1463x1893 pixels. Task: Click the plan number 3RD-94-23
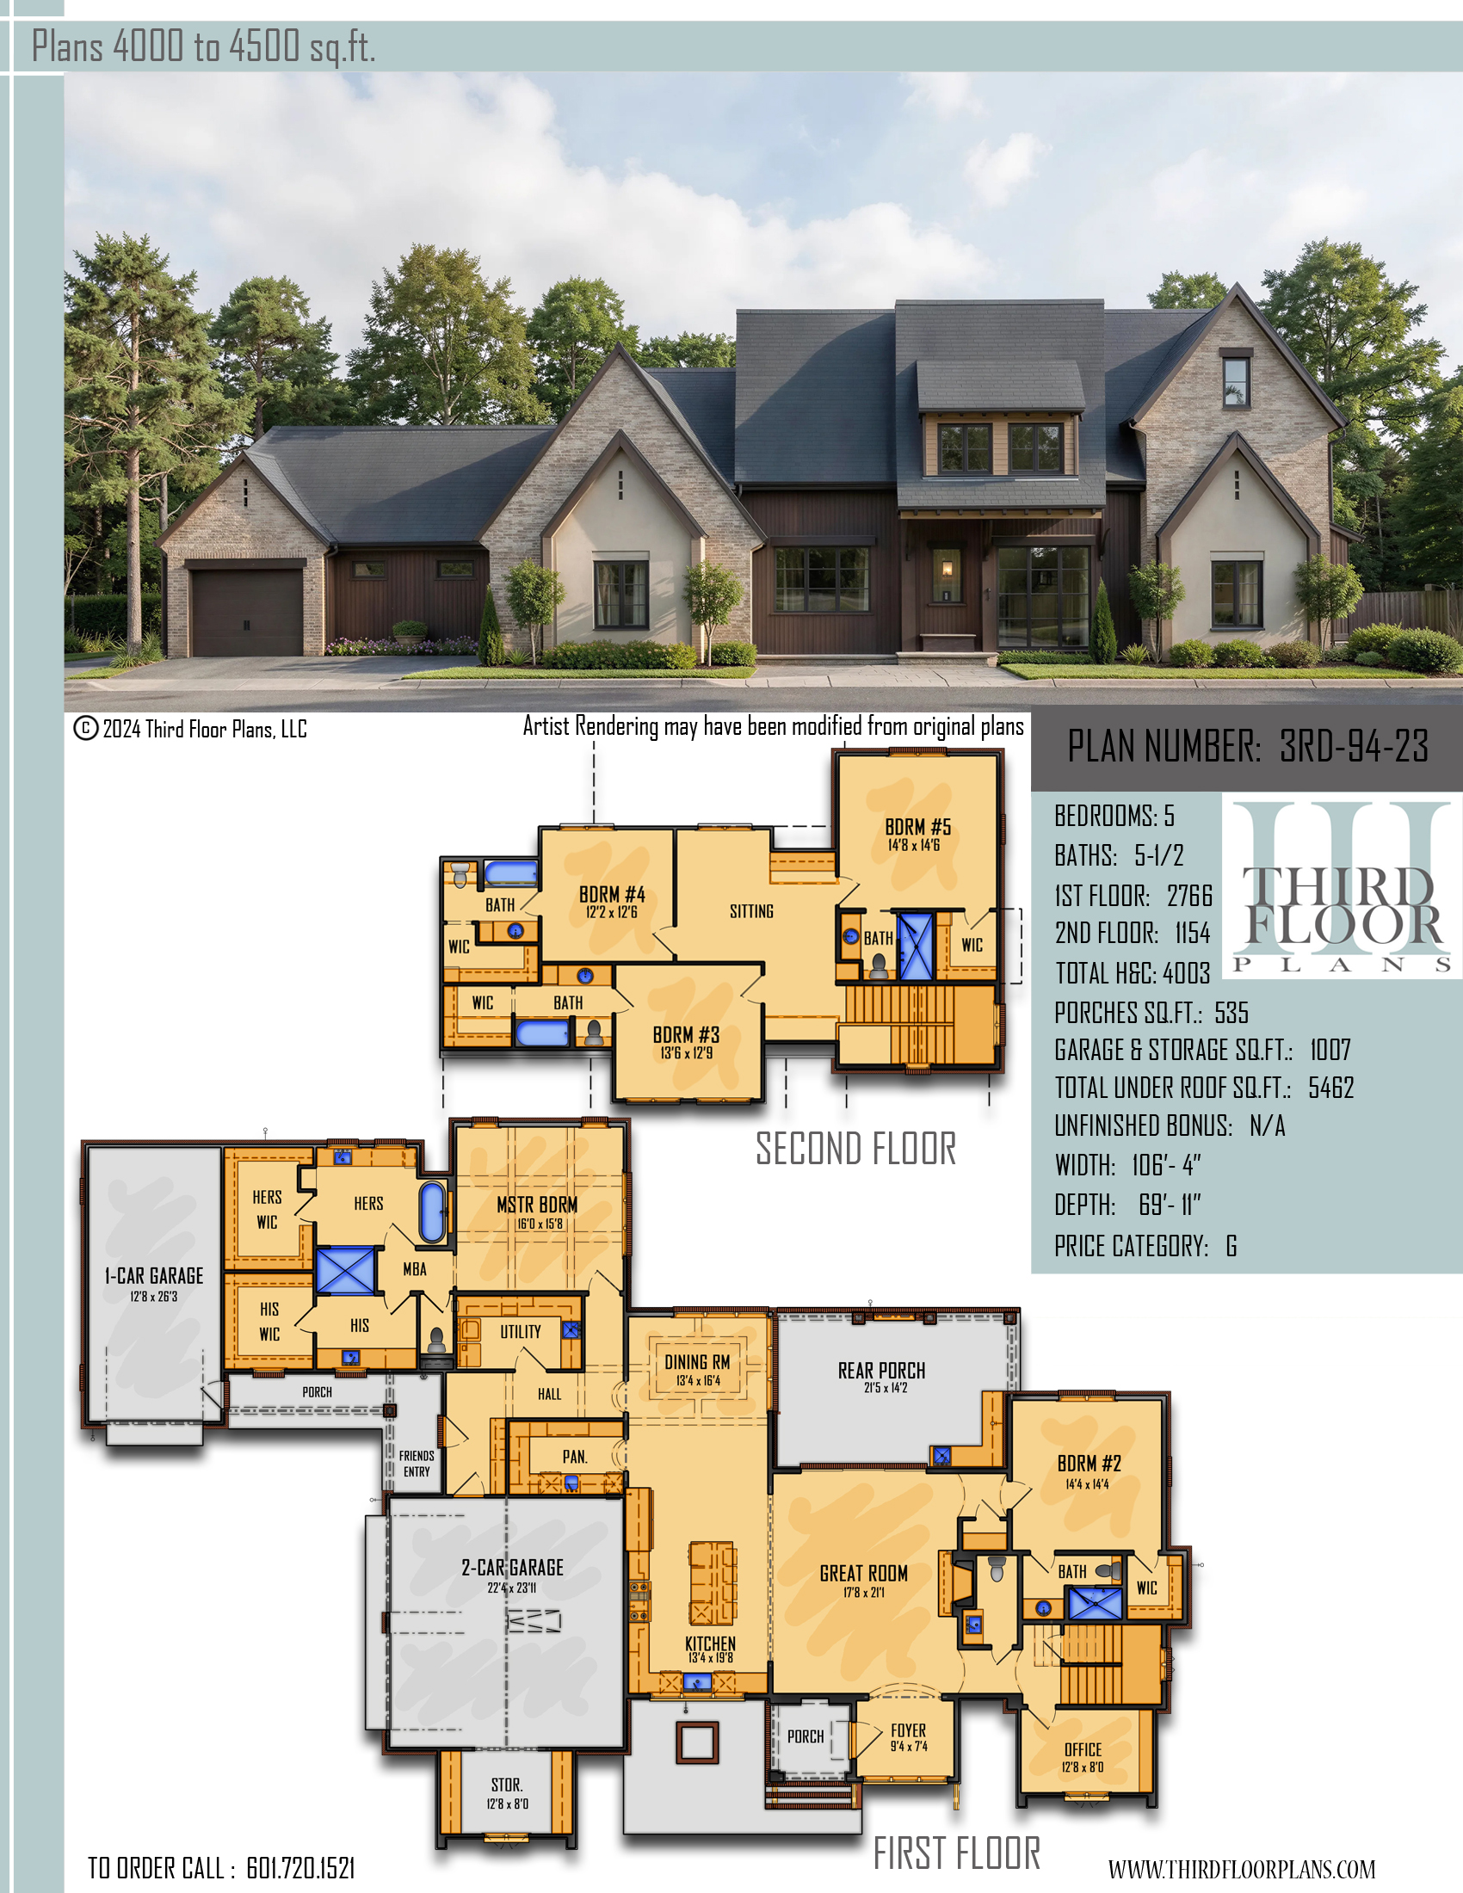[x=1354, y=746]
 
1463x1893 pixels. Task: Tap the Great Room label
[x=864, y=1573]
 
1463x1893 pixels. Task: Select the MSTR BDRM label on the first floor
[x=537, y=1205]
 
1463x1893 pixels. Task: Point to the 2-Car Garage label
[x=512, y=1567]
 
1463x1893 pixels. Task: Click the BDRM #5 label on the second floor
[x=918, y=827]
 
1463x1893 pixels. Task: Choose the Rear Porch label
[x=881, y=1371]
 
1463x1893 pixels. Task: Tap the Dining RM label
[x=697, y=1362]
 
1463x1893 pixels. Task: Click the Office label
[x=1083, y=1750]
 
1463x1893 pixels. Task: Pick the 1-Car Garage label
[x=154, y=1276]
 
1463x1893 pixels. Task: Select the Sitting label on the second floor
[x=751, y=911]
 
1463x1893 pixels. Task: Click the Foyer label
[x=908, y=1730]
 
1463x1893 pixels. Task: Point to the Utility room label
[x=520, y=1331]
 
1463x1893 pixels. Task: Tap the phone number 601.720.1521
[x=300, y=1868]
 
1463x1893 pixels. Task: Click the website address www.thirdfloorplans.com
[x=1242, y=1869]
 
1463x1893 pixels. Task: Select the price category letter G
[x=1232, y=1247]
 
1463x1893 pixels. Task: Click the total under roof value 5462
[x=1331, y=1088]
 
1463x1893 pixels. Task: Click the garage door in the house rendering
[x=247, y=612]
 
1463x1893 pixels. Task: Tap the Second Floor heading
[x=856, y=1149]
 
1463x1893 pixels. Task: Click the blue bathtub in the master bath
[x=433, y=1211]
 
